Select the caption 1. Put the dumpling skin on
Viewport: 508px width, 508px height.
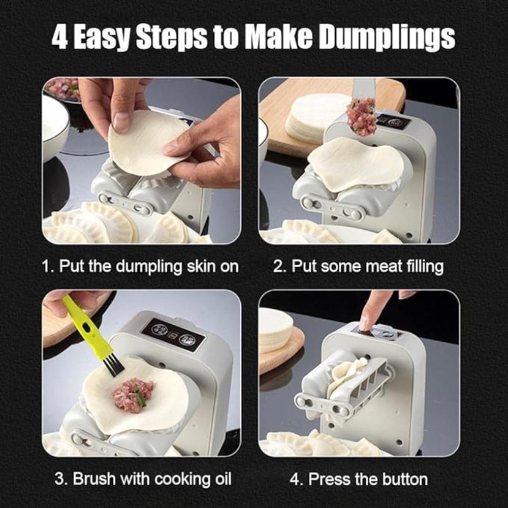click(x=140, y=266)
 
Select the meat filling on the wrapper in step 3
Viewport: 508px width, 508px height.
click(x=133, y=394)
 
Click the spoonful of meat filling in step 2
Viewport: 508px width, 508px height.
click(x=362, y=117)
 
